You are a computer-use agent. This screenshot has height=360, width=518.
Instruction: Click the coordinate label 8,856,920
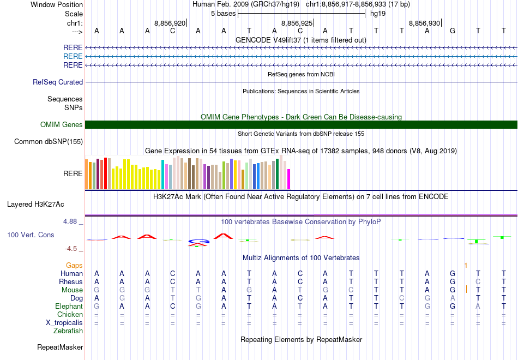[x=170, y=23]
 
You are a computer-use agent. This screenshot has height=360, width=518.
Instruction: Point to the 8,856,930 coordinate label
[x=424, y=23]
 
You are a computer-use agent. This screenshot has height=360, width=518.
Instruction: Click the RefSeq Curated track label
[x=58, y=82]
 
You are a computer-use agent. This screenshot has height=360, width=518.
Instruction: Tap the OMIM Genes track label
[x=62, y=125]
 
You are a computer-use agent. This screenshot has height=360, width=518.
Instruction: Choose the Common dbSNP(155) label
[x=49, y=142]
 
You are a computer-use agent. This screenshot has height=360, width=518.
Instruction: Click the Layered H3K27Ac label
[x=35, y=205]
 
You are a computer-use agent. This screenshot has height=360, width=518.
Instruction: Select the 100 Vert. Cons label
[x=31, y=235]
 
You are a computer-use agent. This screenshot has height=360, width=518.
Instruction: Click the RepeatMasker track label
[x=60, y=347]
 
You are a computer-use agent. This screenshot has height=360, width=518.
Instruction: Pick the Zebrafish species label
[x=68, y=331]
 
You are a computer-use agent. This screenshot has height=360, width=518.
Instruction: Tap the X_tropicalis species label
[x=64, y=322]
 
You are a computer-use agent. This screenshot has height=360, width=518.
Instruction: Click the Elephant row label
[x=69, y=307]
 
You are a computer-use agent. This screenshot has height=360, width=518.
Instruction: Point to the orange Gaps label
[x=74, y=265]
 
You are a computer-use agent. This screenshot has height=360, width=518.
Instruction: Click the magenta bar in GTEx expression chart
[x=289, y=179]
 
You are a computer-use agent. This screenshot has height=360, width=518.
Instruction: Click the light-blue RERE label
[x=73, y=56]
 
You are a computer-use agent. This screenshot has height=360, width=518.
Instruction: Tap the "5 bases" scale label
[x=223, y=13]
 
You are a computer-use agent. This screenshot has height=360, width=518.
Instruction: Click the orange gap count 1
[x=466, y=265]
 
